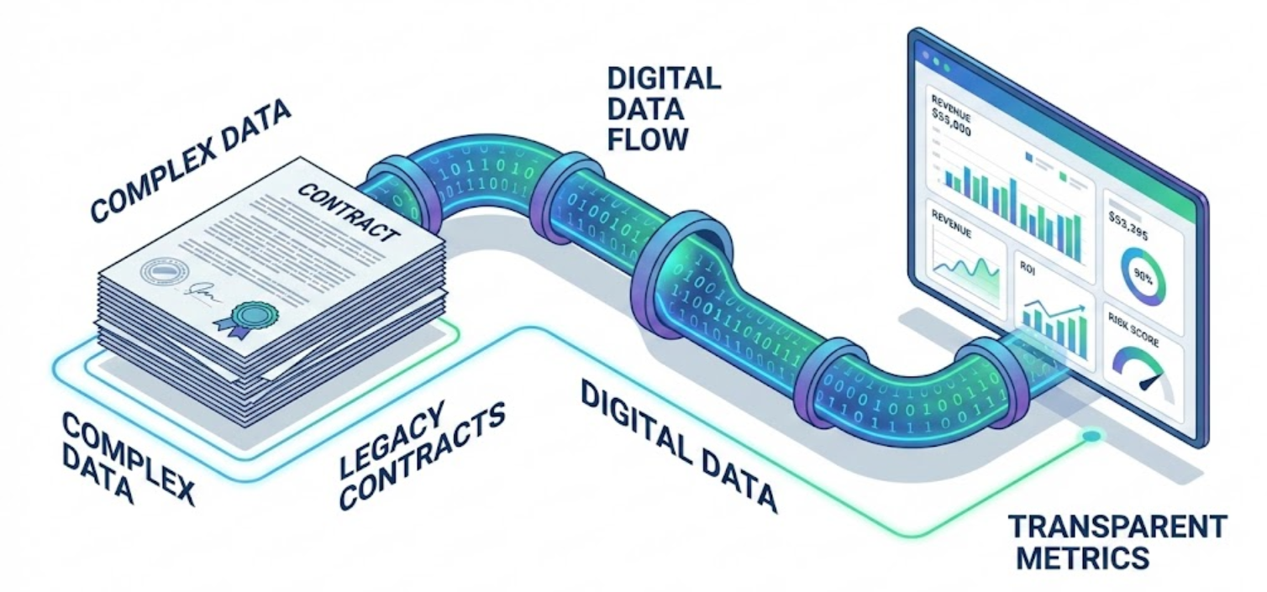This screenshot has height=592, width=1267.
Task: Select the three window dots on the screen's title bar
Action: click(935, 56)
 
